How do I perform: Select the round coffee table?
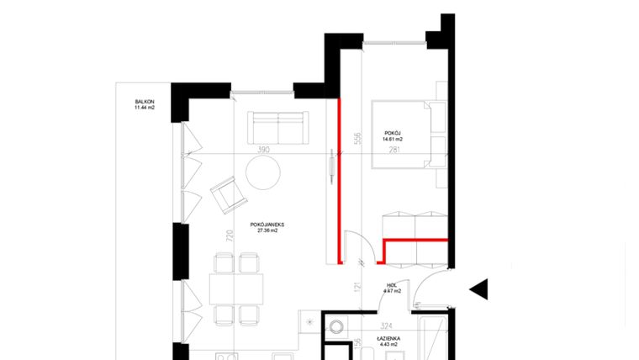pos(262,174)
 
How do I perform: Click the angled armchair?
pos(227,195)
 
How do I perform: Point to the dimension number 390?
pos(262,151)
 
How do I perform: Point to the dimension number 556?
pos(357,138)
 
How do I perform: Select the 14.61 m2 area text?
pos(394,140)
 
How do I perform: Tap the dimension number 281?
pos(394,151)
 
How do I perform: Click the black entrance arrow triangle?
pos(478,289)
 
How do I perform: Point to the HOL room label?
pos(392,285)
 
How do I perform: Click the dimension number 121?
pos(357,288)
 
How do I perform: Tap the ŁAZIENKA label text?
pos(388,336)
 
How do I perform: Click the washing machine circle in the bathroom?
pos(336,327)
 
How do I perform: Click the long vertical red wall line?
pos(339,181)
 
